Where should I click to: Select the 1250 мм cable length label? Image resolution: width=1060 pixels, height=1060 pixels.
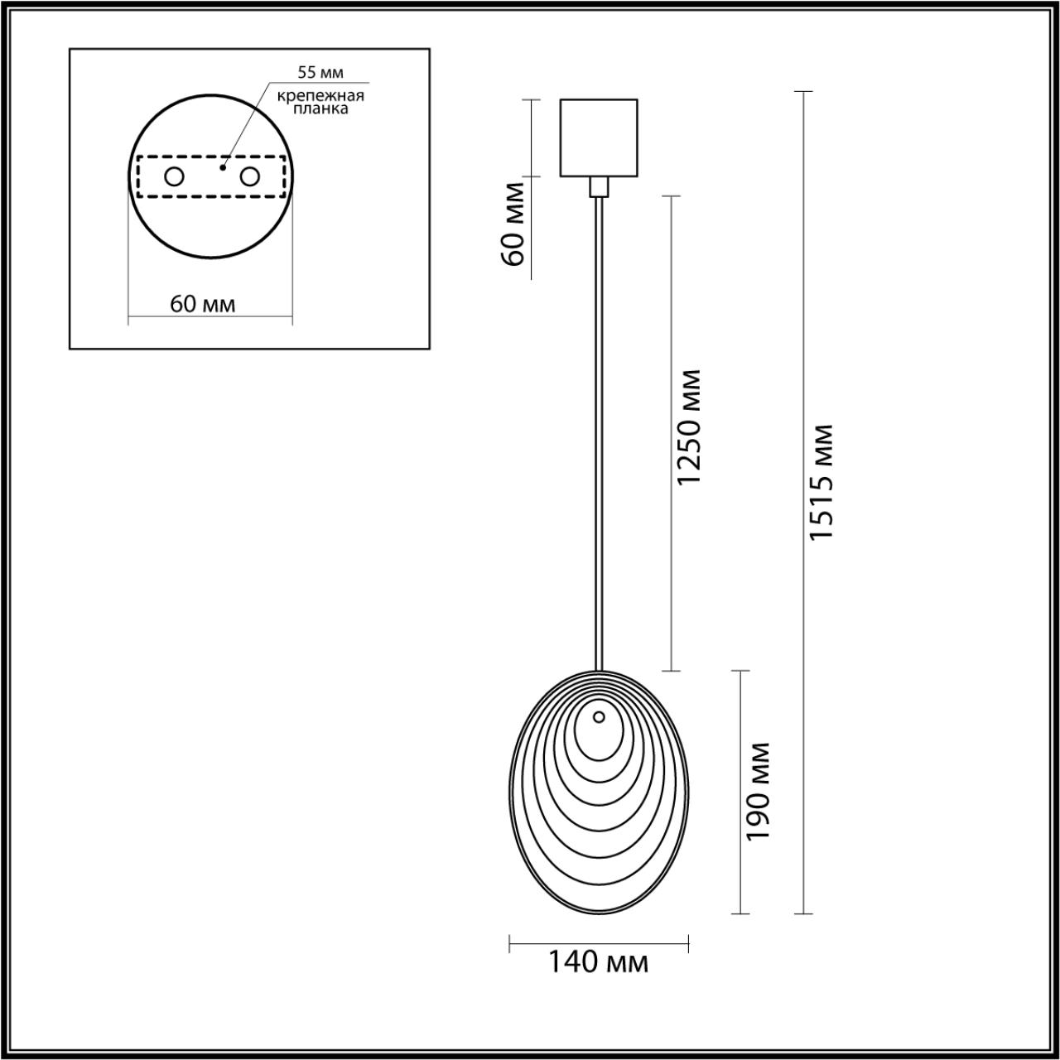(x=688, y=428)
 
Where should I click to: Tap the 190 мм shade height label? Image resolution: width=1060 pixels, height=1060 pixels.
(x=757, y=792)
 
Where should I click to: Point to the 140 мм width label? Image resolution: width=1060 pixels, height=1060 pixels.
(x=598, y=962)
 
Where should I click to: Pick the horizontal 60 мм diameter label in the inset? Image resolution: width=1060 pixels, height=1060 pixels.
(x=203, y=304)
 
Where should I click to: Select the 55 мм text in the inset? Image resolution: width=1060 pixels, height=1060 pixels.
(x=320, y=73)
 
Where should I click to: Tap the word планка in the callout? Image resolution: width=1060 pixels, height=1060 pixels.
(x=321, y=108)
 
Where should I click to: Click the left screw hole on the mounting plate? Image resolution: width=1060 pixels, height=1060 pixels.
(x=174, y=176)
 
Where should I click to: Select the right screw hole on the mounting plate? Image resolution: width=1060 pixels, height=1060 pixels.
(x=249, y=176)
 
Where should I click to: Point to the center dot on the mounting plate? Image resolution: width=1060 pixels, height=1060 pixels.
(x=221, y=167)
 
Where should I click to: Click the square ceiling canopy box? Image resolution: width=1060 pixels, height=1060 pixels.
(x=599, y=137)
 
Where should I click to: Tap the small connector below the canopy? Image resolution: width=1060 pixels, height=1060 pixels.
(x=599, y=186)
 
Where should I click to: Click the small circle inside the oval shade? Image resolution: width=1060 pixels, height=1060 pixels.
(x=599, y=717)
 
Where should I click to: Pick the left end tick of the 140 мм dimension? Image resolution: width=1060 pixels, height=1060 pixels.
(x=510, y=942)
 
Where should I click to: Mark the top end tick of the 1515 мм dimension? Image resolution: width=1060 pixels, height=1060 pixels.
(x=802, y=91)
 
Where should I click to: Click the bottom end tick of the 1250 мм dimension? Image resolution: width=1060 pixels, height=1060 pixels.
(x=670, y=671)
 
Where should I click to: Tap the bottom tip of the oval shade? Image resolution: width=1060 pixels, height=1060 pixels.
(x=599, y=913)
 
